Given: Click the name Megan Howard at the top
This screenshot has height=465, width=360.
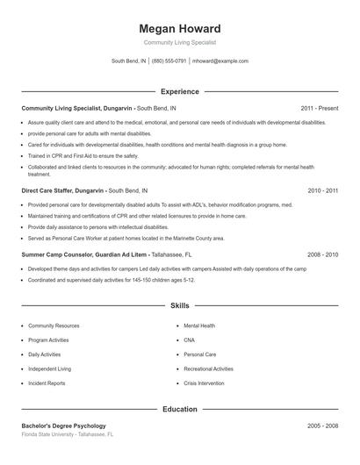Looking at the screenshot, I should pos(180,28).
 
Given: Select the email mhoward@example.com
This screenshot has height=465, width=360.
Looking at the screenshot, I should pos(220,61).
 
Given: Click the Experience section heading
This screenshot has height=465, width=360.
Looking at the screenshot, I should pos(180,91).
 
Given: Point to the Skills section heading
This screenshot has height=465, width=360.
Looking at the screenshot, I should pos(180,306).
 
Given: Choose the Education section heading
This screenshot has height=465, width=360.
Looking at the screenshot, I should pos(180,409).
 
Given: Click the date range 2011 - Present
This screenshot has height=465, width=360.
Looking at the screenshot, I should pos(319,108).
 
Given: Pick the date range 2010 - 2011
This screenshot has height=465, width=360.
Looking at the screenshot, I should pos(322,190).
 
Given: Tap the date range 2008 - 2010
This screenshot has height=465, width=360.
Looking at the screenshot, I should pos(322,254).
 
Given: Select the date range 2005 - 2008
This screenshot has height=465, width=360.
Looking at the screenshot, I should pos(322,426).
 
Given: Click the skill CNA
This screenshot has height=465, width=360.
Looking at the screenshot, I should pos(189,340).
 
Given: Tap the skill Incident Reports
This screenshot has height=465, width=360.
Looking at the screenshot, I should pos(47,383).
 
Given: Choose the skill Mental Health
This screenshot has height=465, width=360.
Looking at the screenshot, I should pos(199,325).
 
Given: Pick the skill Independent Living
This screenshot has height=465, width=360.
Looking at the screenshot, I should pos(50,369).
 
